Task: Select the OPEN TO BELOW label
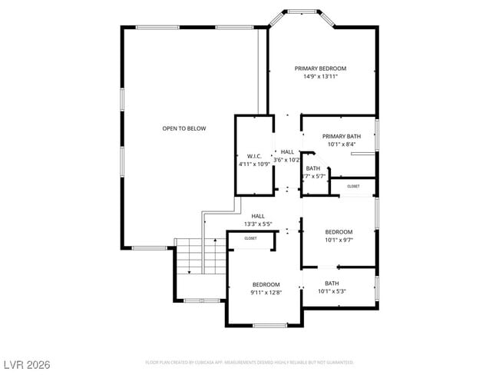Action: [183, 128]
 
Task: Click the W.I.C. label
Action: [254, 156]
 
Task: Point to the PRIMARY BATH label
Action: [341, 136]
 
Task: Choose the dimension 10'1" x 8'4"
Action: [341, 144]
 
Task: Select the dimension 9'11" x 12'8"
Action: [266, 293]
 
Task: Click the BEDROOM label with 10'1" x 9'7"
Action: [339, 232]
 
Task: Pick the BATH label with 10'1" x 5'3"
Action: [332, 284]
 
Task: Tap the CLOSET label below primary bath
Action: [353, 186]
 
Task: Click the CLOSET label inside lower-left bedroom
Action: [251, 239]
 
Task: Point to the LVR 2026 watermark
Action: [27, 363]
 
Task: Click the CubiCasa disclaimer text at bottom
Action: [249, 362]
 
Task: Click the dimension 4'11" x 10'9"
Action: [254, 164]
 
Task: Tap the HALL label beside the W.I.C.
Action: [287, 152]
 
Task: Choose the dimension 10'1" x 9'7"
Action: [339, 241]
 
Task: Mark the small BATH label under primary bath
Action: [313, 168]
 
